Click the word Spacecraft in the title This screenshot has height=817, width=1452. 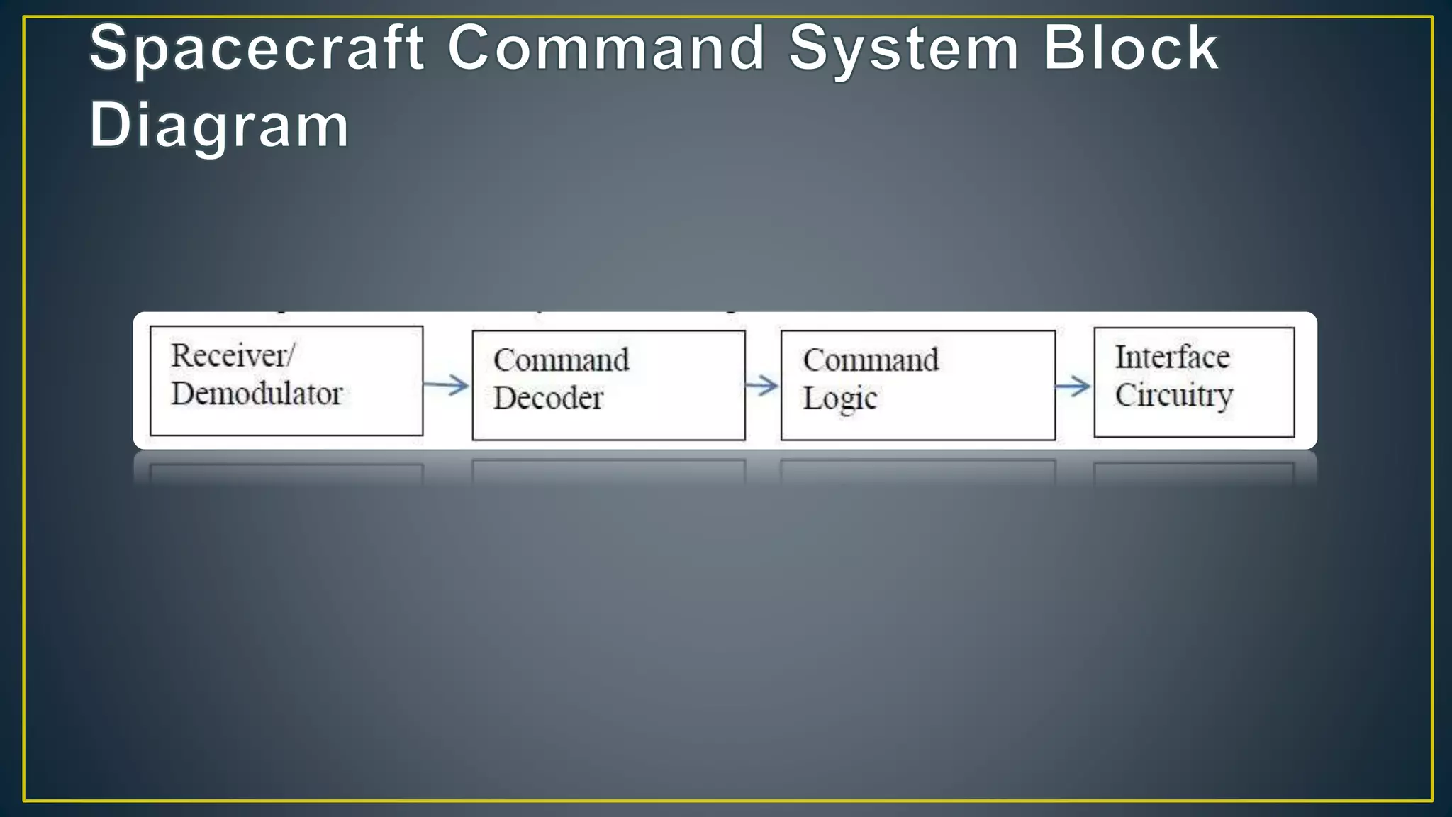pyautogui.click(x=257, y=48)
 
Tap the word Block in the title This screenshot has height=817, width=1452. pyautogui.click(x=1130, y=48)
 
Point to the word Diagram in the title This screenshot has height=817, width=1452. pyautogui.click(x=219, y=126)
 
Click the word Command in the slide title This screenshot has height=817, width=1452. pyautogui.click(x=606, y=48)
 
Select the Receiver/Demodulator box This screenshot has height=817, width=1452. pyautogui.click(x=286, y=381)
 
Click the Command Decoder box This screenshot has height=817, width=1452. pyautogui.click(x=608, y=385)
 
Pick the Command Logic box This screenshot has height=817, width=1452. pyautogui.click(x=917, y=385)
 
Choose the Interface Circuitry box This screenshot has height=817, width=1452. pyautogui.click(x=1194, y=382)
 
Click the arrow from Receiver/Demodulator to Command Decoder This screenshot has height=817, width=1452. pyautogui.click(x=447, y=385)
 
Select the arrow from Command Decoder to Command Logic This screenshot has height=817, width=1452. pyautogui.click(x=762, y=386)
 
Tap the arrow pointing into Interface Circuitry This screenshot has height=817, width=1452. pyautogui.click(x=1073, y=387)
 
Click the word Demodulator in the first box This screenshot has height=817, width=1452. pyautogui.click(x=257, y=394)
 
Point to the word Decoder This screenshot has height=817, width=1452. pyautogui.click(x=548, y=398)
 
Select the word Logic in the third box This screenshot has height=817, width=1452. pyautogui.click(x=839, y=399)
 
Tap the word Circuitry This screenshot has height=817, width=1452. pyautogui.click(x=1173, y=396)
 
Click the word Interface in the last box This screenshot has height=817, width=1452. pyautogui.click(x=1172, y=357)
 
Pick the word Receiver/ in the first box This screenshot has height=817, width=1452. pyautogui.click(x=232, y=355)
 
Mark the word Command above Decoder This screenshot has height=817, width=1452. pyautogui.click(x=561, y=360)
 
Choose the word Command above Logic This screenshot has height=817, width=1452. pyautogui.click(x=871, y=360)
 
